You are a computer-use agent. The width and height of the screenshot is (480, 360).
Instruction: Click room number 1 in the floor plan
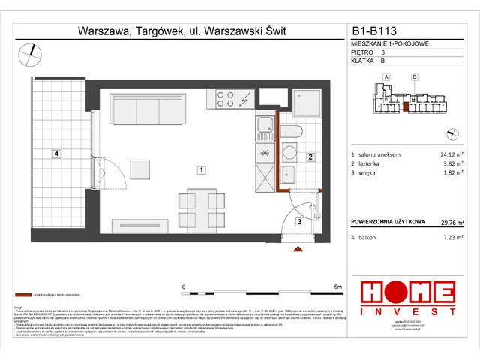[202, 171]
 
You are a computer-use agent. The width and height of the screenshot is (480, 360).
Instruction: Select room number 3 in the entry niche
[298, 222]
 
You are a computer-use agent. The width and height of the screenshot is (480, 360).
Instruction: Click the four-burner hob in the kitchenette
[226, 99]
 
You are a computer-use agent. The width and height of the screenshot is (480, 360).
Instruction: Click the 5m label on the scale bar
[338, 286]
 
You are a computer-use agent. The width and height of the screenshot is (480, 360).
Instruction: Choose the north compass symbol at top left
[30, 52]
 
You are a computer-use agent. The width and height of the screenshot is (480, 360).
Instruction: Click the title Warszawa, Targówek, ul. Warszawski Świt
[182, 31]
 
